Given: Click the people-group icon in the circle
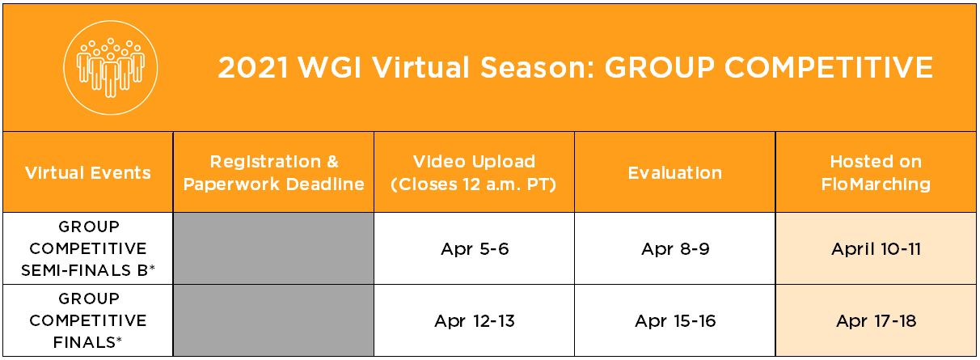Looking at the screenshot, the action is [x=110, y=67].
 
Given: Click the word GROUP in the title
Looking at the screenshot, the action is [x=659, y=67].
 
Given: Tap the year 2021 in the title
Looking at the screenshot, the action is [x=253, y=68].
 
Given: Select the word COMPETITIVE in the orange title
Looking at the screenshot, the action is [x=829, y=67].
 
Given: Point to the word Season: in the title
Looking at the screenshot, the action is [x=538, y=67].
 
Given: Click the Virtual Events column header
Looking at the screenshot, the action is [x=88, y=172].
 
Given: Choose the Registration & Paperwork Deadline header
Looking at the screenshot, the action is [x=274, y=172].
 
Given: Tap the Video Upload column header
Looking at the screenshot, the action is [x=474, y=172].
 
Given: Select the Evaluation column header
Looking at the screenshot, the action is [x=675, y=172].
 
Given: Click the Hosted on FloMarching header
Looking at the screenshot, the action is [x=876, y=172].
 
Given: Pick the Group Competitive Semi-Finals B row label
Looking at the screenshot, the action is [x=88, y=248].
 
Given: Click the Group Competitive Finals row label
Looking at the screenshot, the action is [x=88, y=320].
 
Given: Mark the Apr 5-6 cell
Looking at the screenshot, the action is [x=475, y=249].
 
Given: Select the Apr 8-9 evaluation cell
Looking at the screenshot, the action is [x=675, y=249].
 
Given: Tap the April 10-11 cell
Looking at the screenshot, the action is [x=877, y=249].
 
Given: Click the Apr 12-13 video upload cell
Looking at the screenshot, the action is [x=475, y=321].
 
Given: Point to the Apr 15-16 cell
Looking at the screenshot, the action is [x=675, y=321].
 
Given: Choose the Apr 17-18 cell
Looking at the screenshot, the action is [x=877, y=321].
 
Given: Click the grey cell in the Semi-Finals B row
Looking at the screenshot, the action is [x=274, y=248].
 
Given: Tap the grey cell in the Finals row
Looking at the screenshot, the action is [x=274, y=320].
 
